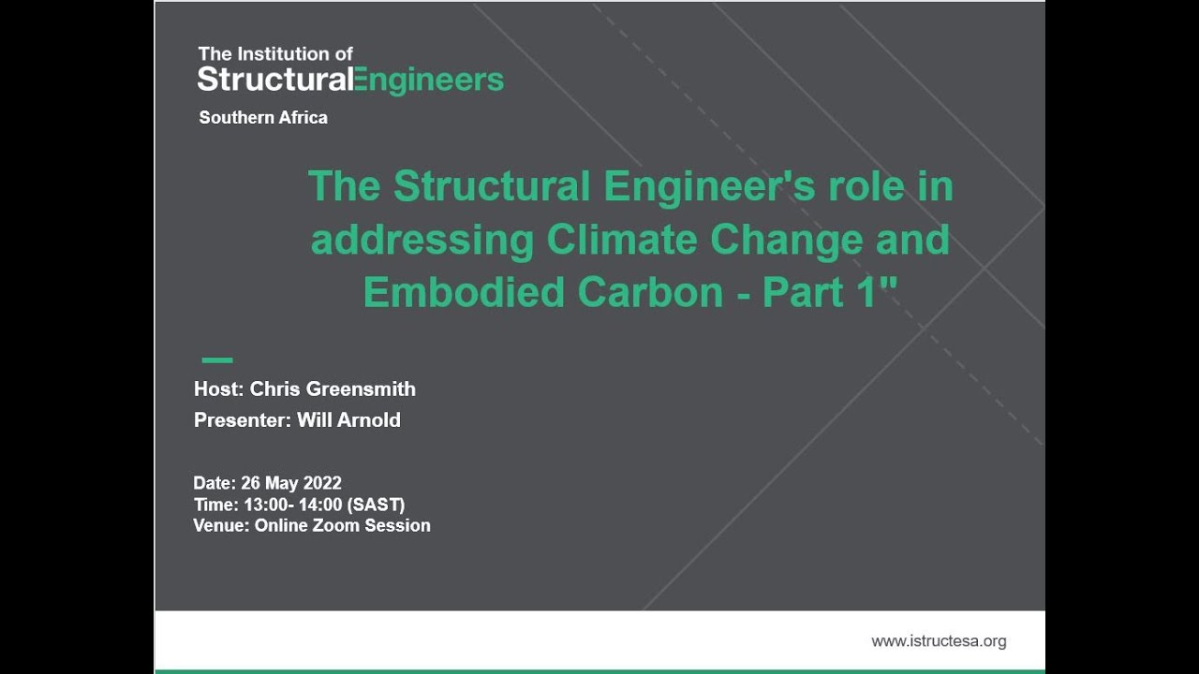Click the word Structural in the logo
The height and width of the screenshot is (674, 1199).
coord(274,80)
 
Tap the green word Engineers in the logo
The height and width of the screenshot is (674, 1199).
coord(427,81)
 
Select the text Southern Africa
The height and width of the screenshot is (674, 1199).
coord(263,118)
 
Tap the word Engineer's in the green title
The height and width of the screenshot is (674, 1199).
coord(710,187)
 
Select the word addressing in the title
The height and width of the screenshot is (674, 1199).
coord(422,240)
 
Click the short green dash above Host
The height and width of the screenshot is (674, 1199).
coord(217,359)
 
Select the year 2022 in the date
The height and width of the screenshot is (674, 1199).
coord(322,483)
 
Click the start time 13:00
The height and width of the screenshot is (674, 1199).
coord(263,505)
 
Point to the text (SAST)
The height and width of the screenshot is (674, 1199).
coord(376,505)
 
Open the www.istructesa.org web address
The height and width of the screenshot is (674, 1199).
coord(939,641)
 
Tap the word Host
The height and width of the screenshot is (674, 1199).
coord(216,388)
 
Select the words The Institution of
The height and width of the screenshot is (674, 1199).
coord(275,54)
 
